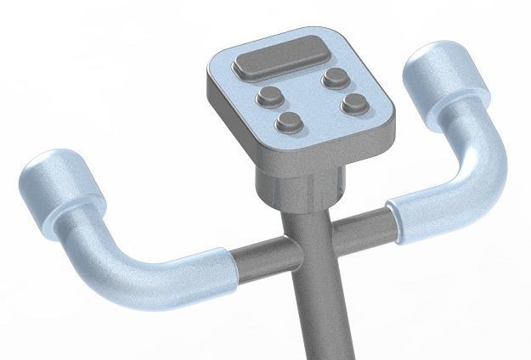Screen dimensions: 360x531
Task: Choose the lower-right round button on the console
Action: point(353,105)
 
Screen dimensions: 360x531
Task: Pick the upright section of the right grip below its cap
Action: point(464,127)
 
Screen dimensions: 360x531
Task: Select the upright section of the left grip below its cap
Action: point(82,229)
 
